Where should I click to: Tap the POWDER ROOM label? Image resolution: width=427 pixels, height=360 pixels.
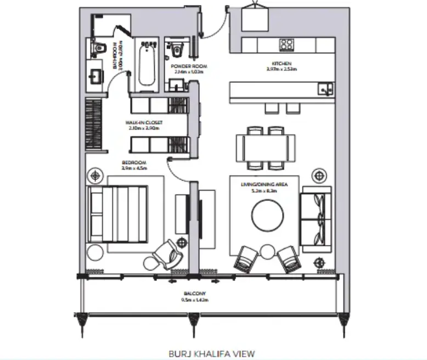click(189, 66)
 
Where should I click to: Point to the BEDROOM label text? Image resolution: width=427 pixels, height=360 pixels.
click(134, 163)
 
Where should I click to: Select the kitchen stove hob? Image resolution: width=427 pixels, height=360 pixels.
click(286, 44)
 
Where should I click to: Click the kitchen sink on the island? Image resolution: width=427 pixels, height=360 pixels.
click(325, 88)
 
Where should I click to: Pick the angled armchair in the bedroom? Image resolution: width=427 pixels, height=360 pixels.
click(165, 254)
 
